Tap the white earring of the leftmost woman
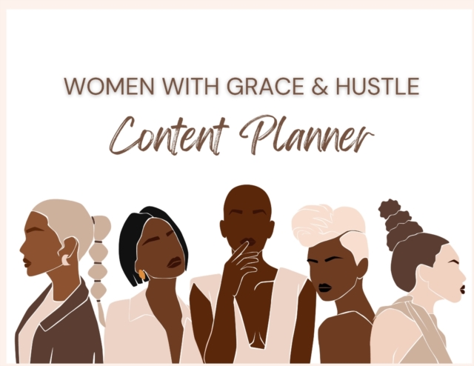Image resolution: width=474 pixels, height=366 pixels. point(64,259)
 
